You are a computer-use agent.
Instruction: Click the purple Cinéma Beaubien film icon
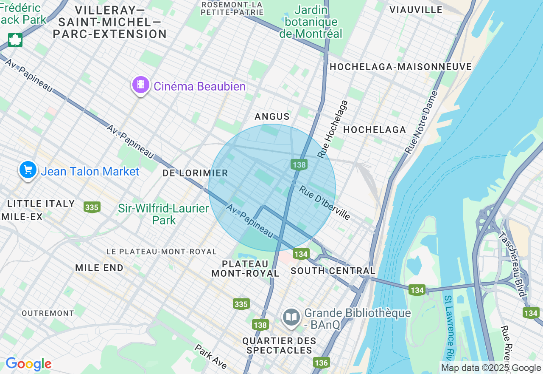[x=141, y=85]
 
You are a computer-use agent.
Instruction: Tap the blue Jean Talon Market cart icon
[x=28, y=170]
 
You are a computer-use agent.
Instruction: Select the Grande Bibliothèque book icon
[x=291, y=317]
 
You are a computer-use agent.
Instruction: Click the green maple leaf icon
[x=15, y=40]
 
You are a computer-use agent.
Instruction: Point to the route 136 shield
[x=321, y=363]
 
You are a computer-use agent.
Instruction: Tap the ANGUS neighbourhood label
[x=272, y=116]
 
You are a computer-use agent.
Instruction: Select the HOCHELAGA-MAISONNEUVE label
[x=400, y=67]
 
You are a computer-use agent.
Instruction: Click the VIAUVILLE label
[x=416, y=9]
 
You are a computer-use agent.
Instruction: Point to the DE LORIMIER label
[x=195, y=173]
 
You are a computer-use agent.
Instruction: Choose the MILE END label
[x=99, y=268]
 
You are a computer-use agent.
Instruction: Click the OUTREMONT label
[x=48, y=313]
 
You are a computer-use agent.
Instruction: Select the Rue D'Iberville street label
[x=325, y=203]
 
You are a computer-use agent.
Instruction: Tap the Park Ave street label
[x=211, y=356]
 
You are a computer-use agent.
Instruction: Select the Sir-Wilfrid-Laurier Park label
[x=163, y=214]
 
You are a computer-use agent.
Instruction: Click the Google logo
[x=28, y=364]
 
